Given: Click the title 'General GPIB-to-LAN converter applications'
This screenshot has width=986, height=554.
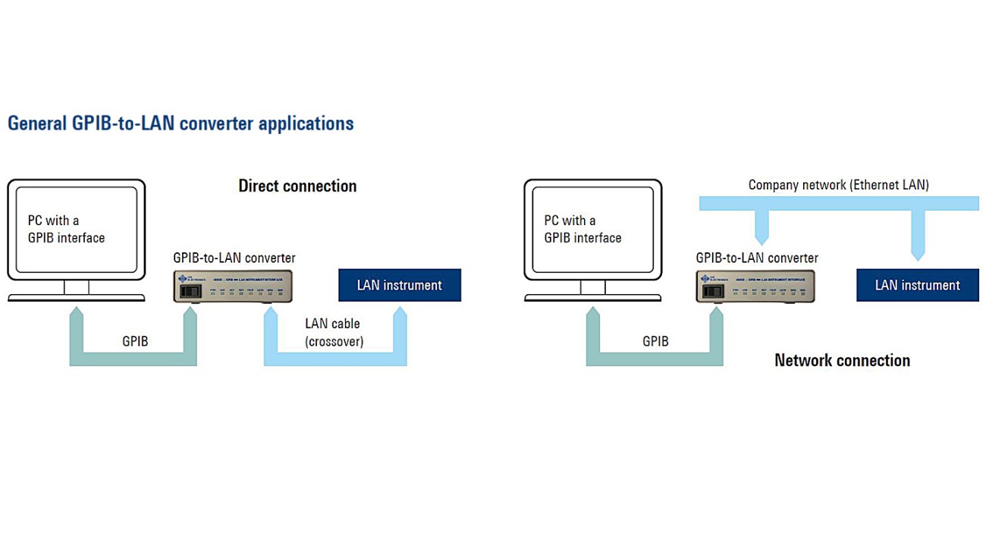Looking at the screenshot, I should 181,124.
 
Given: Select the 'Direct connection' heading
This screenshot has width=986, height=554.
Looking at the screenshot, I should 297,186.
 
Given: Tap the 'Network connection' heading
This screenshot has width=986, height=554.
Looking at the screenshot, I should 842,360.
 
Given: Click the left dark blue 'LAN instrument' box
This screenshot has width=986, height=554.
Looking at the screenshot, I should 399,285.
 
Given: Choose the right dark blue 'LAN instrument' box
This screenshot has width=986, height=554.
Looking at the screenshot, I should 917,285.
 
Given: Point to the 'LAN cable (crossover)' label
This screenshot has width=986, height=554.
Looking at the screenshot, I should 334,333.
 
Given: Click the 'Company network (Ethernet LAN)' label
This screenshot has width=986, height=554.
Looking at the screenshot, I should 838,184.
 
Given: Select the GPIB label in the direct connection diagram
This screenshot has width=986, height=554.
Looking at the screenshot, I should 135,341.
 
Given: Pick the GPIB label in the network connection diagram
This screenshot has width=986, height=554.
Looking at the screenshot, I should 655,341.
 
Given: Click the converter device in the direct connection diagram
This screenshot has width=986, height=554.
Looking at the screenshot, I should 233,286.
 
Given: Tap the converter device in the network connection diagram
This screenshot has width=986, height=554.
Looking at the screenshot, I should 755,286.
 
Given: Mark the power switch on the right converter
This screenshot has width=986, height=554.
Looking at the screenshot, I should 710,290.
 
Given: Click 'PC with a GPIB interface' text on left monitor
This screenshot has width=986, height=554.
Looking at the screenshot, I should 66,229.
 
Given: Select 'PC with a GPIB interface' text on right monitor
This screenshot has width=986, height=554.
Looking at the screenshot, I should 582,229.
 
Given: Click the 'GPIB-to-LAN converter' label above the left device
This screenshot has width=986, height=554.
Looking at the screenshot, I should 234,258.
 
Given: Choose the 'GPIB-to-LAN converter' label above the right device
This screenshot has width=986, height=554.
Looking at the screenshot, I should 757,258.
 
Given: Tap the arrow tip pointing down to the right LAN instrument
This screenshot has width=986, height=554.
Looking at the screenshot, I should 917,256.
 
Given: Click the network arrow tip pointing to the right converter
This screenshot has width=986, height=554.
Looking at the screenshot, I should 761,241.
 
